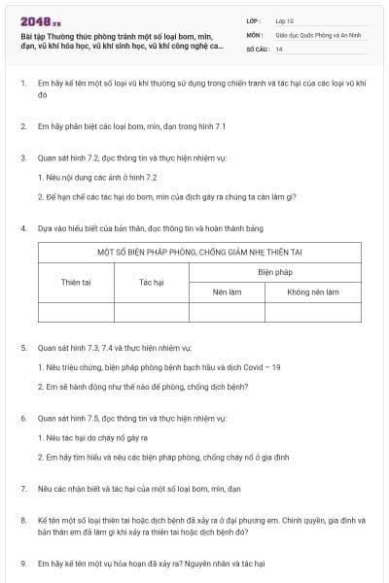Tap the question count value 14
(x=279, y=48)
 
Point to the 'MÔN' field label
(x=255, y=34)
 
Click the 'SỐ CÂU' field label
(x=258, y=48)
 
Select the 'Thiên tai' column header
(x=75, y=282)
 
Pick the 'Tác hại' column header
(x=152, y=282)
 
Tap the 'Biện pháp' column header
(x=275, y=272)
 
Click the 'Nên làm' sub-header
(x=227, y=291)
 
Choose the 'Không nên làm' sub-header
(x=313, y=291)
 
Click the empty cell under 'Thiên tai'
(x=75, y=312)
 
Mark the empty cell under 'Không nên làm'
(x=313, y=312)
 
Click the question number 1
(x=23, y=85)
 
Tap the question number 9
(x=23, y=563)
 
